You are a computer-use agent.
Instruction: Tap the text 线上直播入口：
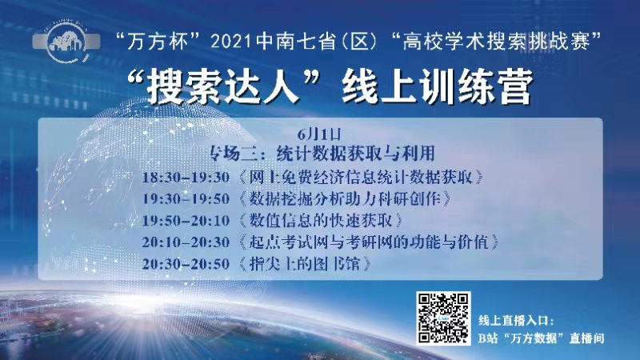(522, 320)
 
